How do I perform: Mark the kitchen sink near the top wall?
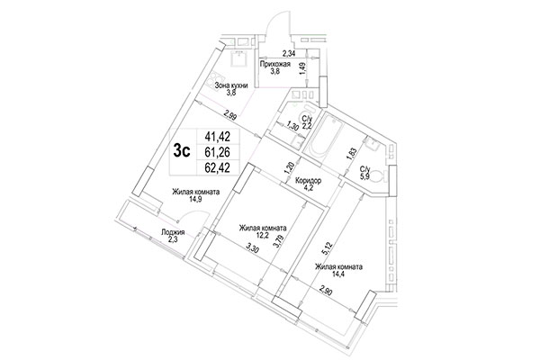(x=237, y=57)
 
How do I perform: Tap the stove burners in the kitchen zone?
(x=221, y=85)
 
